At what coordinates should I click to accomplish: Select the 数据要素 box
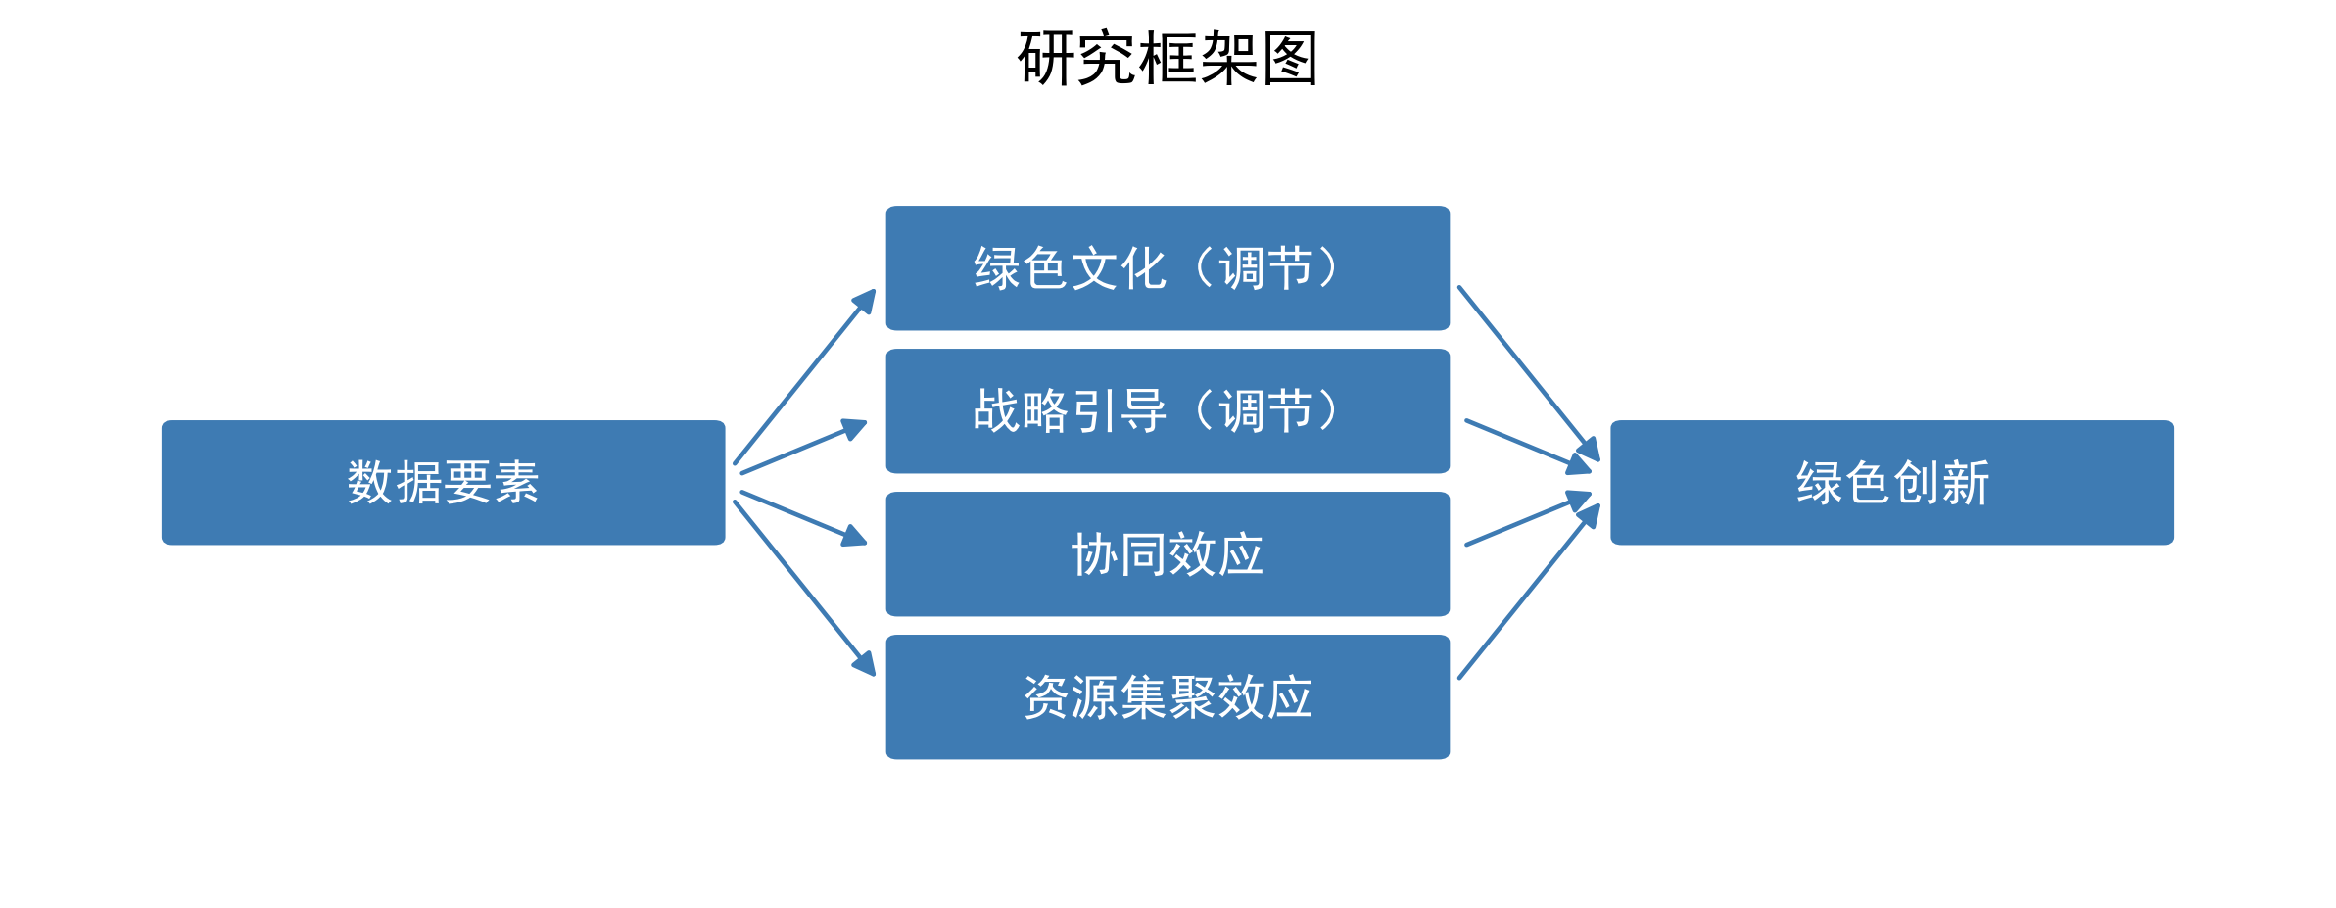coord(443,482)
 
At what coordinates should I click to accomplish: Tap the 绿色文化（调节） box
coord(1168,267)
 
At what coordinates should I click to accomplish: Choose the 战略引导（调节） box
coord(1168,410)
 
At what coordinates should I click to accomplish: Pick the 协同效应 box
coord(1168,553)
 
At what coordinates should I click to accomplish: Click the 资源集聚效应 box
coord(1168,696)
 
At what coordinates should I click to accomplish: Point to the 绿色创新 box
coord(1891,482)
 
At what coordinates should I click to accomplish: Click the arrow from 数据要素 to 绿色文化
coord(804,377)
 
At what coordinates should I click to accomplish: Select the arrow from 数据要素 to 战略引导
coord(803,448)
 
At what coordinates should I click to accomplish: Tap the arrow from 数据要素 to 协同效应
coord(803,518)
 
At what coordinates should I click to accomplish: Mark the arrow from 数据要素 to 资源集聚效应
coord(804,589)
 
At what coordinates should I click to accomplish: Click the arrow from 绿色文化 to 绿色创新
coord(1528,373)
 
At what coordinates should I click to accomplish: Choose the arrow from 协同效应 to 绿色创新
coord(1528,520)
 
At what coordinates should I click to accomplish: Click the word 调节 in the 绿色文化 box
coord(1265,267)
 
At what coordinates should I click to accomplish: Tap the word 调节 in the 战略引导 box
coord(1265,410)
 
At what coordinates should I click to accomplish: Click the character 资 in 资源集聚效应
coord(1046,697)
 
